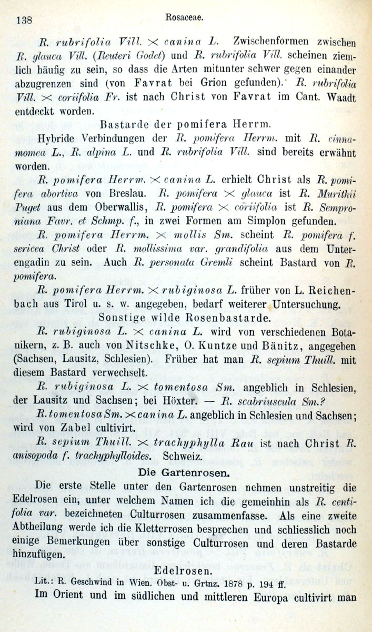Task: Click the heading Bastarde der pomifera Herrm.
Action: click(185, 125)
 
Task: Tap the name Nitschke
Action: click(165, 346)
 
